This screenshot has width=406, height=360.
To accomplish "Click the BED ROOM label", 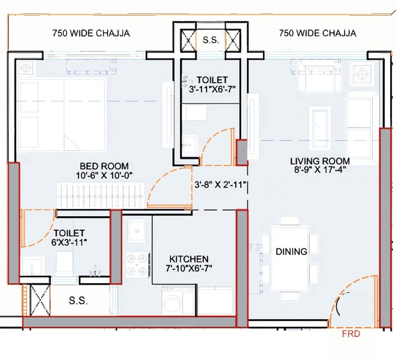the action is (x=104, y=166).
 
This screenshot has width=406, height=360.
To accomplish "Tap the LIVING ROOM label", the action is (x=320, y=161).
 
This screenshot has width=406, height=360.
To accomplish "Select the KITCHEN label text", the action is (x=189, y=259).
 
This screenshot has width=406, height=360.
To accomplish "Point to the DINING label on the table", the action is (x=291, y=252).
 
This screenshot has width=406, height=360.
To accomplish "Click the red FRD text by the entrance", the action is (x=351, y=334).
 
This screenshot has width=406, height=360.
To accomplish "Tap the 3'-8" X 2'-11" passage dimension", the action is (x=220, y=185).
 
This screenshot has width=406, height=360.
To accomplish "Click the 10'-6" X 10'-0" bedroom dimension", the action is (x=104, y=175).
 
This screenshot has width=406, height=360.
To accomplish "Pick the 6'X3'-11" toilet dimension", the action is (x=69, y=242).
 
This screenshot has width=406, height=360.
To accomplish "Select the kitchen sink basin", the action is (x=137, y=231).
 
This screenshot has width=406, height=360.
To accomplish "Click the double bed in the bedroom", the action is (x=62, y=114).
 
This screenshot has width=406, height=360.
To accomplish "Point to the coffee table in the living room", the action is (x=321, y=129).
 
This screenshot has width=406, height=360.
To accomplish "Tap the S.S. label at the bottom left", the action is (x=78, y=300).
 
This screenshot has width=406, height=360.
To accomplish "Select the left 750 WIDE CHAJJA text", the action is (x=91, y=33).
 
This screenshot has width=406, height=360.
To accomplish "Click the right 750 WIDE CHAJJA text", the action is (x=318, y=33).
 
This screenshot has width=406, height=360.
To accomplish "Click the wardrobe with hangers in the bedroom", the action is (x=100, y=195).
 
